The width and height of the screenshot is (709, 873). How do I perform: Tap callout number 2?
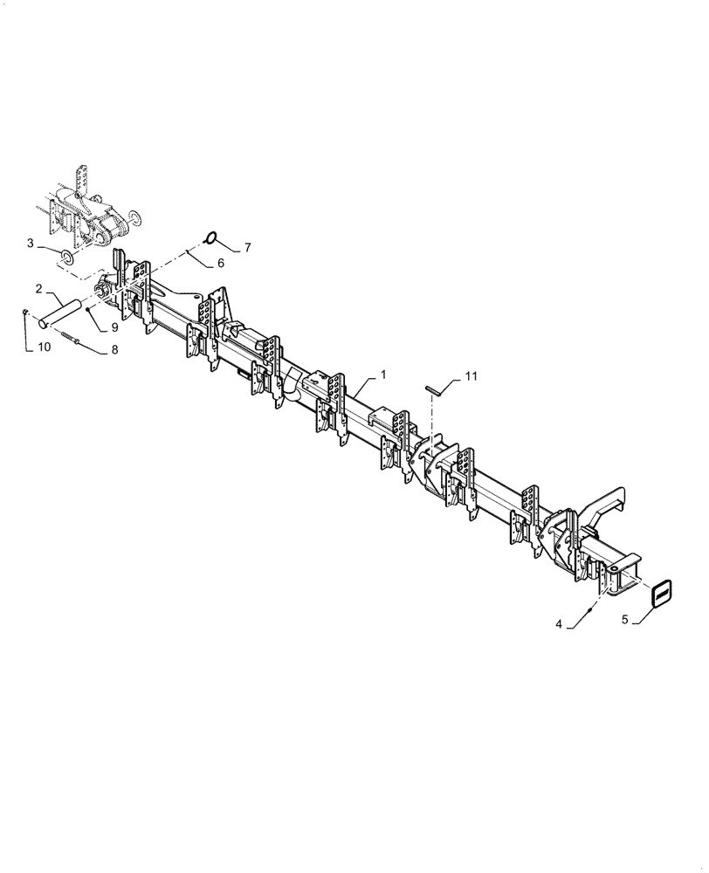click(39, 288)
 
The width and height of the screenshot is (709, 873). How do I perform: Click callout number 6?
click(221, 262)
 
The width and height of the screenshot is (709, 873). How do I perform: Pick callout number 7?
click(247, 248)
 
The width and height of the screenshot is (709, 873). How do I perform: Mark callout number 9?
click(115, 328)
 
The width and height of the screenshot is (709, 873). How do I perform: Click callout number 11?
click(472, 376)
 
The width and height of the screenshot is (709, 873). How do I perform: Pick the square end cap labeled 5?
click(663, 594)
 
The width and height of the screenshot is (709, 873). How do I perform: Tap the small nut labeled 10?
click(27, 315)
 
